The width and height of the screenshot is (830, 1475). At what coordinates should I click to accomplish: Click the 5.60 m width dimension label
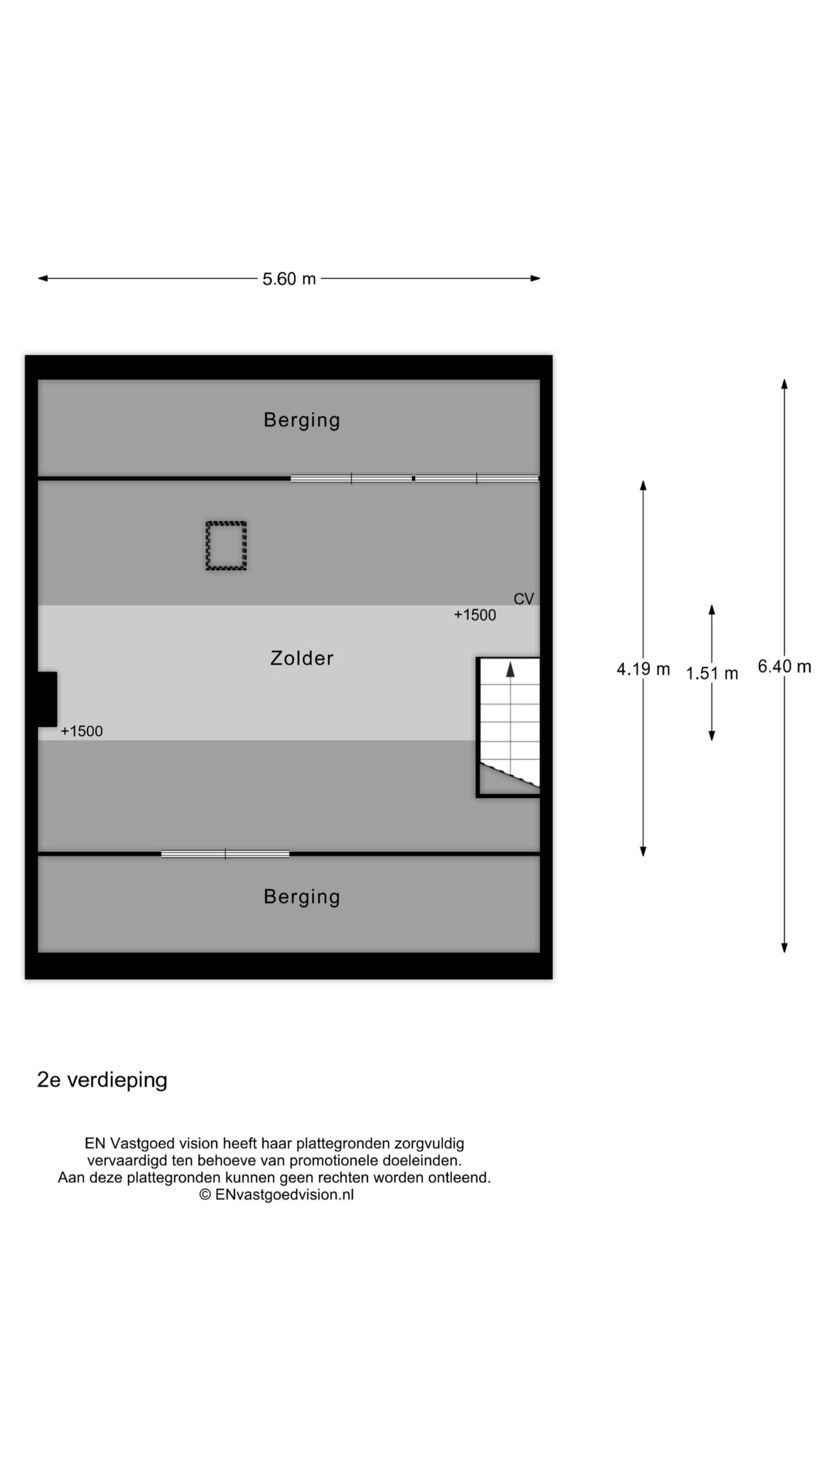point(289,279)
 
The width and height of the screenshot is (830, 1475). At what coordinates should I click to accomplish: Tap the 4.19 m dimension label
point(643,669)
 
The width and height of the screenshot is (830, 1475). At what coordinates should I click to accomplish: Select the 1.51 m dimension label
point(711,673)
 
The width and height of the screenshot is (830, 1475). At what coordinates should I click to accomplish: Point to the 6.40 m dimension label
point(784,667)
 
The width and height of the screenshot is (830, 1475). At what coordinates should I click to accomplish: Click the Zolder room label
point(302,658)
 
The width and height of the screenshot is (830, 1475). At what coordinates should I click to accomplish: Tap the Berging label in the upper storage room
point(302,420)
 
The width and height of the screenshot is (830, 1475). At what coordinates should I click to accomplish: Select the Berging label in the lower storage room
point(302,897)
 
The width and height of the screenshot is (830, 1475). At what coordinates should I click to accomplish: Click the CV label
point(524,599)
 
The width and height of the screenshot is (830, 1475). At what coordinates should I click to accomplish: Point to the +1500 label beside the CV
point(475,615)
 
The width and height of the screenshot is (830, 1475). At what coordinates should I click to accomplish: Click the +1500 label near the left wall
point(82,731)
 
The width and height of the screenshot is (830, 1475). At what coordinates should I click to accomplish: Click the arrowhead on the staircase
point(510,669)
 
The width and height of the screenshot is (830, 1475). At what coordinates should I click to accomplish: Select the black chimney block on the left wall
point(47,699)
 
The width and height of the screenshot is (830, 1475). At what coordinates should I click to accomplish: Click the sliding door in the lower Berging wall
point(225,854)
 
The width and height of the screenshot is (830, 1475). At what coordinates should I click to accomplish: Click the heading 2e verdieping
point(102,1080)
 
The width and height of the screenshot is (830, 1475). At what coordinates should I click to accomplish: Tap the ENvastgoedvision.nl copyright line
point(277,1194)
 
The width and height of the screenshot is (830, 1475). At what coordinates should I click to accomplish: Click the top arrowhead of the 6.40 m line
point(784,385)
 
